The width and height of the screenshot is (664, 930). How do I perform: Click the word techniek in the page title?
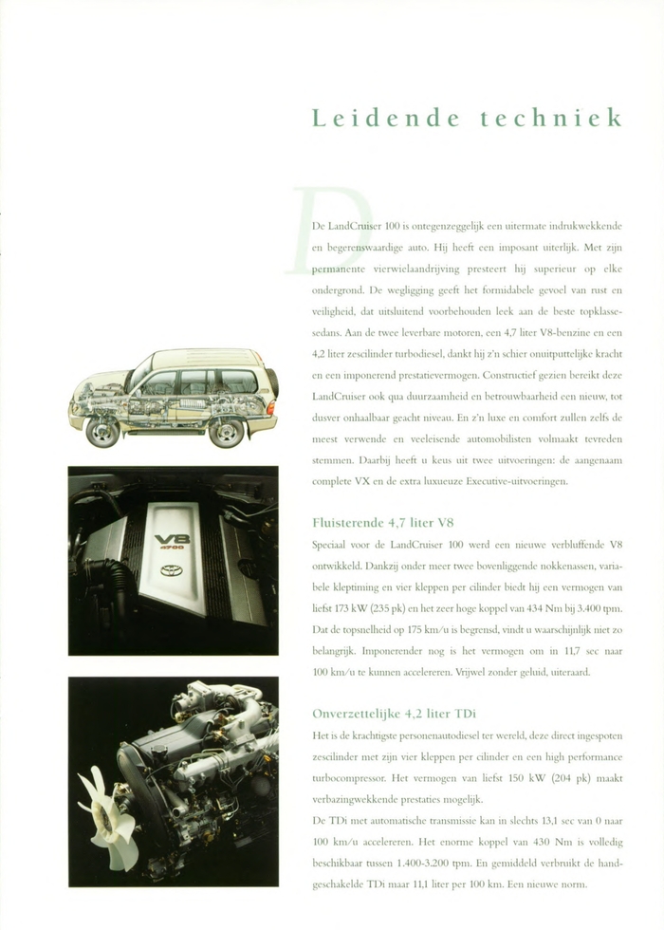(x=551, y=119)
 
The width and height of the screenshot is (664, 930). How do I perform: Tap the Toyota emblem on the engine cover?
(x=172, y=570)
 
